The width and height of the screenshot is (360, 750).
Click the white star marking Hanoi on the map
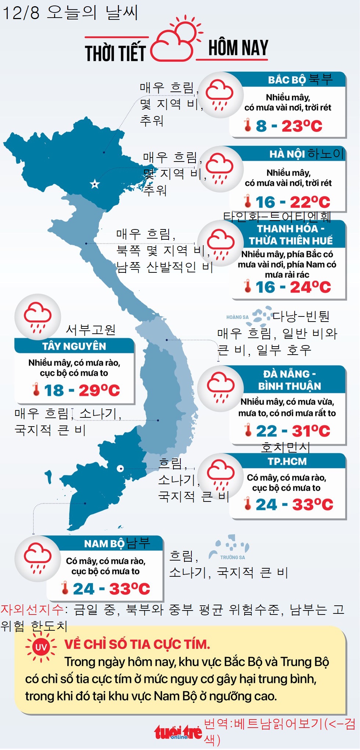pos(95,184)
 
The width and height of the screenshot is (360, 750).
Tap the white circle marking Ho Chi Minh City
pos(120,468)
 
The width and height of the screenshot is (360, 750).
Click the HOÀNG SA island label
pos(237,317)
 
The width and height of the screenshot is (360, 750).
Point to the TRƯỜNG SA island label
pos(233,557)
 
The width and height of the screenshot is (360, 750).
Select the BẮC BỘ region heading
pos(287,80)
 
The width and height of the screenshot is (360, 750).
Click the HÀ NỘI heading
pos(287,154)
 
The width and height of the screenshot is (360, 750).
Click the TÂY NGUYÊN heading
pos(74,346)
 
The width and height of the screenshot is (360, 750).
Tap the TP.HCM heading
pos(287,461)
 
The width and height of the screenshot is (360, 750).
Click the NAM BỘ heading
pos(104,544)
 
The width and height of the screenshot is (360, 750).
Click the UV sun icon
pos(41,647)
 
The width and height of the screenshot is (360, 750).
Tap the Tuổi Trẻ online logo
pos(178,733)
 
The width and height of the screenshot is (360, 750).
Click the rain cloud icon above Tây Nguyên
pos(37,316)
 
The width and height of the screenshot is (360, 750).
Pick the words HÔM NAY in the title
pos(238,48)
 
